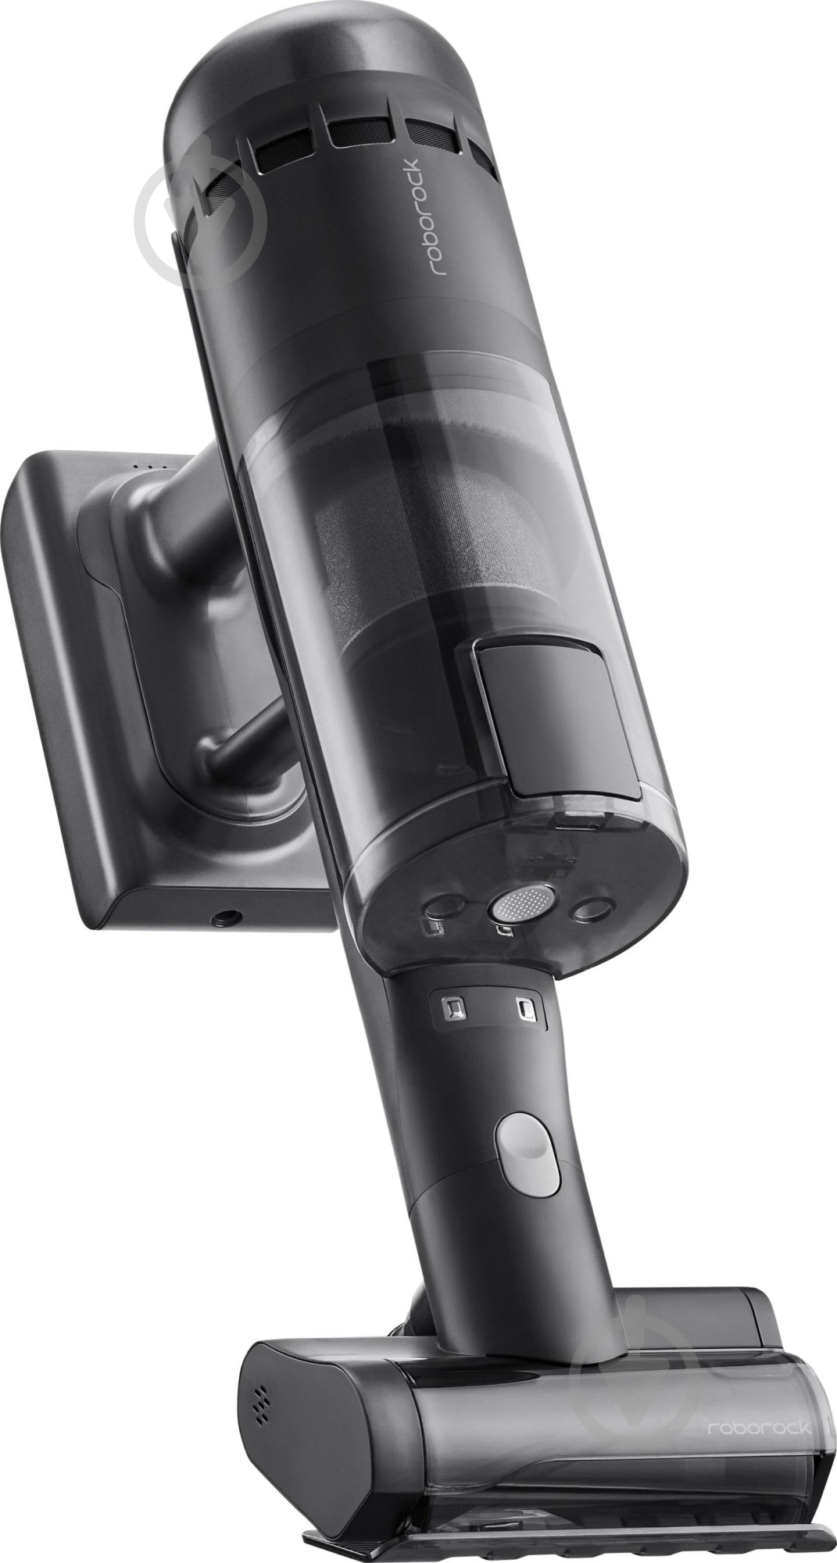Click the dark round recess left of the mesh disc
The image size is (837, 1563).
tap(443, 907)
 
